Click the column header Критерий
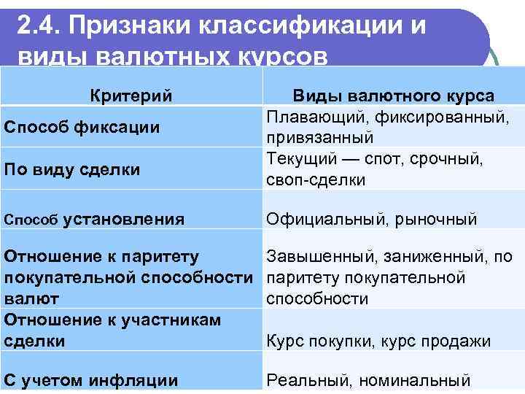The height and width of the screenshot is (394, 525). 131,96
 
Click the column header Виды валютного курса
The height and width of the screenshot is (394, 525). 393,96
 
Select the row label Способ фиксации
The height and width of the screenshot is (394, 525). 82,127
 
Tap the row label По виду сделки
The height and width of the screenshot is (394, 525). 73,169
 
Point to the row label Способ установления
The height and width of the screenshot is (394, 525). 94,219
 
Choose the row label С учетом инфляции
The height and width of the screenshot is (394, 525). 91,379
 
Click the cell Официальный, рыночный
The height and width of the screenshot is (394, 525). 372,219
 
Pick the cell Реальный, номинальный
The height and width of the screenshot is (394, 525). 366,379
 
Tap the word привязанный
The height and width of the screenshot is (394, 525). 320,137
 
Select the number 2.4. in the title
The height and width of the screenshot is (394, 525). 36,27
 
